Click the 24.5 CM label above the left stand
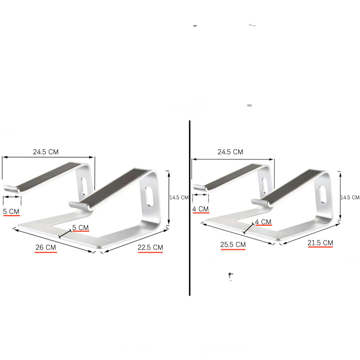coord(46,152)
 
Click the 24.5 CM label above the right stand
coord(230,152)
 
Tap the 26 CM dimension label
coord(46,247)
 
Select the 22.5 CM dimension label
coord(150,247)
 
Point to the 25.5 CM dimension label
coord(233,245)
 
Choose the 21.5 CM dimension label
coord(320,243)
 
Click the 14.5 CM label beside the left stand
coord(179,198)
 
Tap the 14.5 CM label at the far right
coord(350,198)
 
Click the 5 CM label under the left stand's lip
coord(11,211)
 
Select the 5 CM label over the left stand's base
coord(81,227)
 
